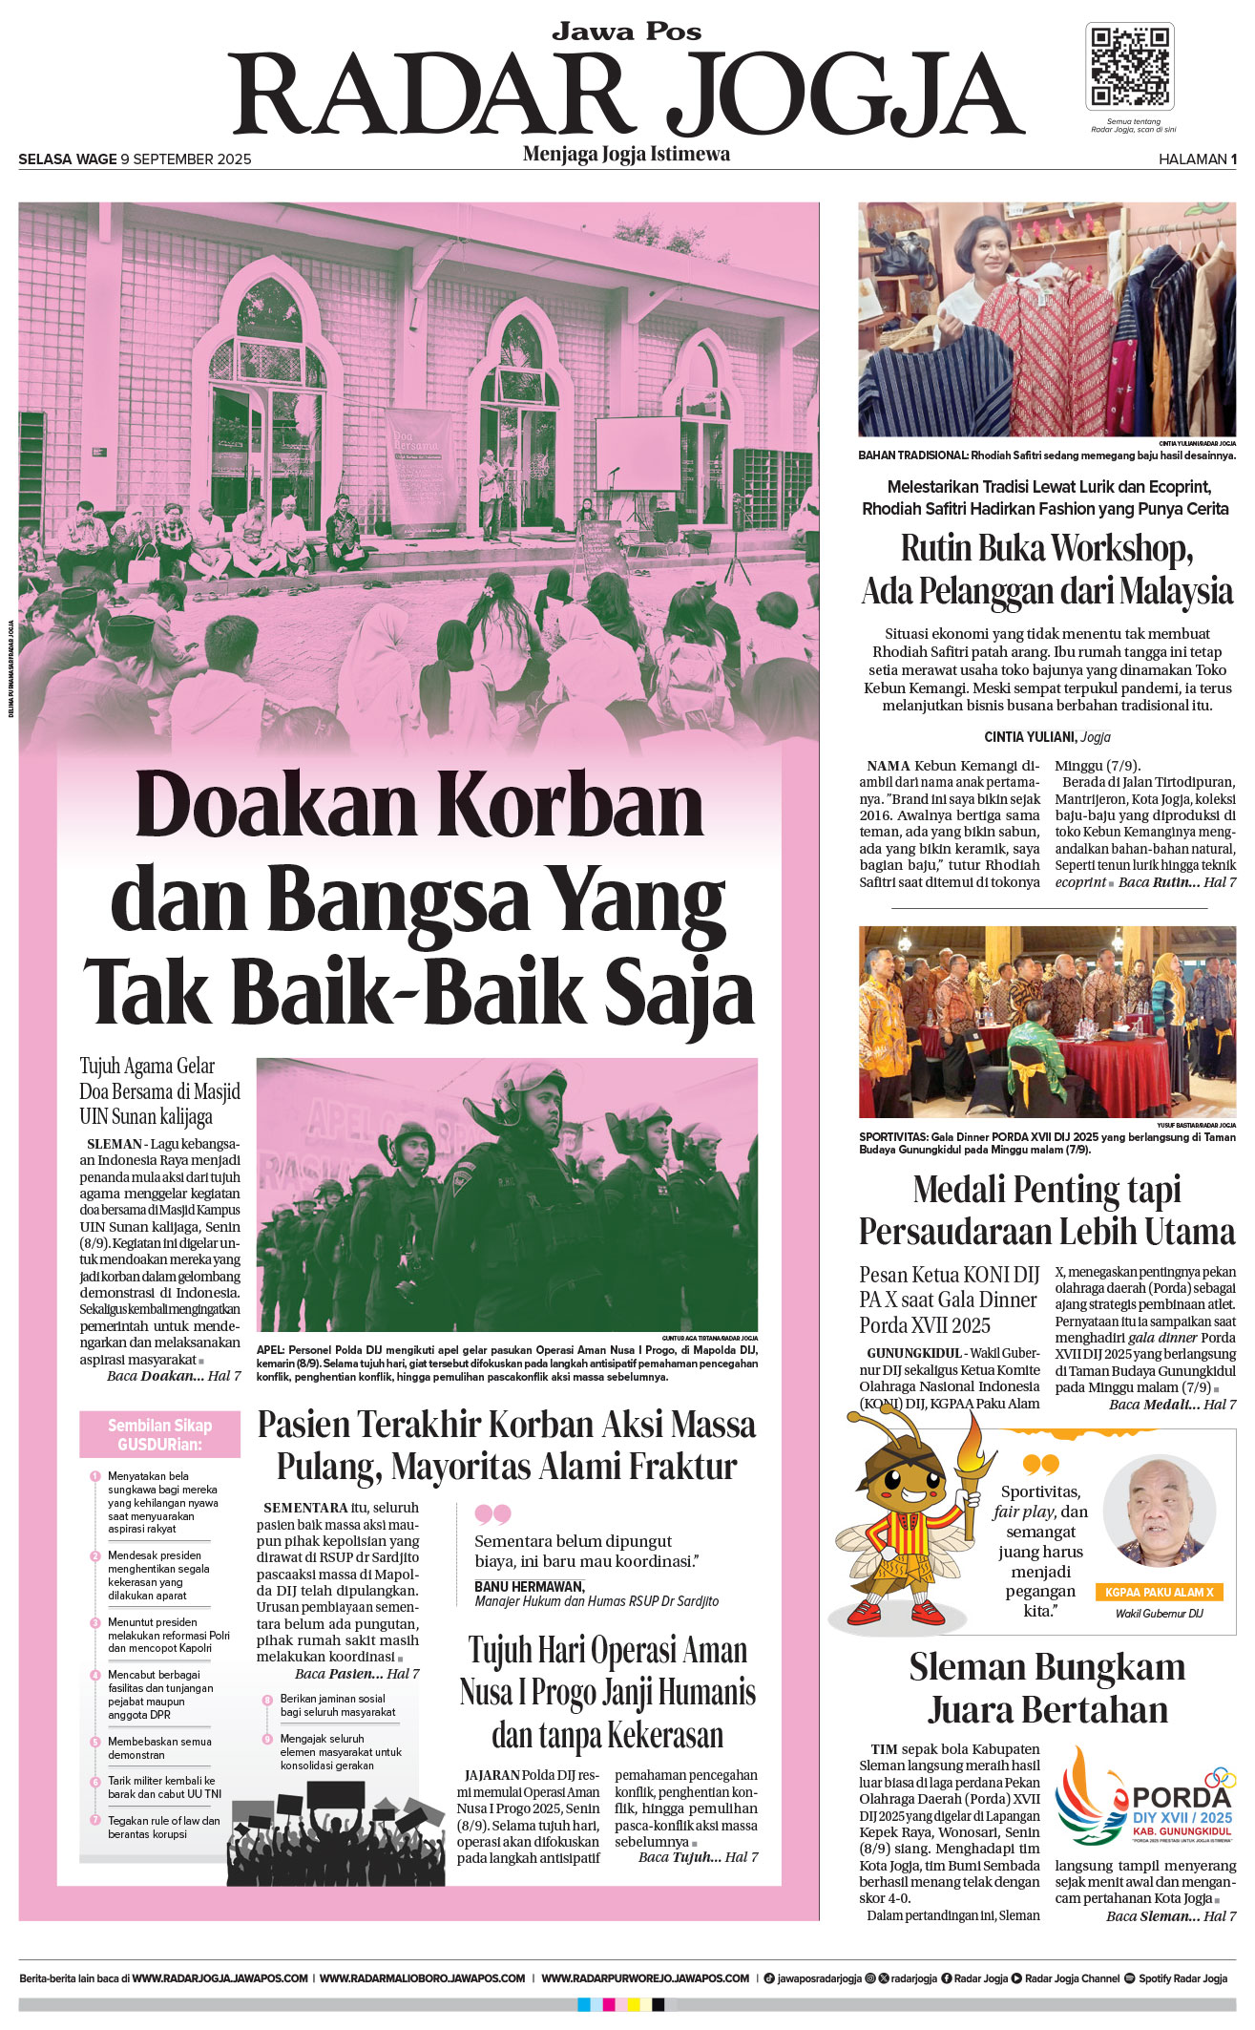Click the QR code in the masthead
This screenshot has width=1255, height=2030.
point(1130,66)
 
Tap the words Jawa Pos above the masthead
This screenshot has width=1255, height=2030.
point(626,32)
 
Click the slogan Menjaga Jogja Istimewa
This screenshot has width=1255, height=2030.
point(626,154)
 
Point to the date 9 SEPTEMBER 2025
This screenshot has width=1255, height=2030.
point(186,159)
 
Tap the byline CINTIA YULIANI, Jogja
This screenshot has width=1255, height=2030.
point(1047,737)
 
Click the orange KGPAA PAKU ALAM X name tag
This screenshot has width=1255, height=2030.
point(1159,1592)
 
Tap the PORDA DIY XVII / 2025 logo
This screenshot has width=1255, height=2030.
point(1145,1801)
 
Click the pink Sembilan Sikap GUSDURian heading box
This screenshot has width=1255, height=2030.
point(159,1434)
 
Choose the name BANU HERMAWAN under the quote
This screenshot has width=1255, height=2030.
point(529,1586)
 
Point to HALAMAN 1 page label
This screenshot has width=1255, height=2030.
point(1197,159)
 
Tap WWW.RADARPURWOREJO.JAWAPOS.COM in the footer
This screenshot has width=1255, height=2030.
point(645,1978)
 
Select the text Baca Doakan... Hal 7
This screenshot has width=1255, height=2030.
point(174,1376)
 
